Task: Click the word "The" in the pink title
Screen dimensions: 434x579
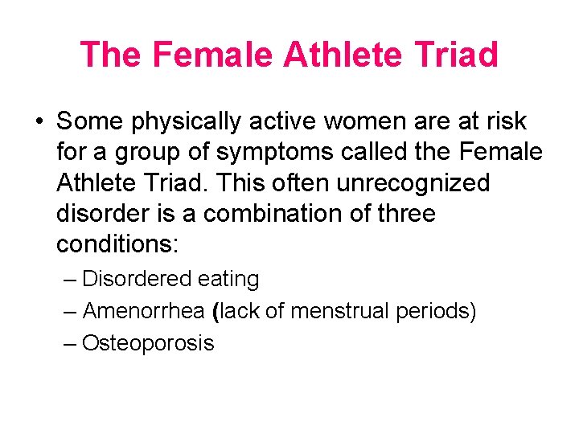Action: point(111,55)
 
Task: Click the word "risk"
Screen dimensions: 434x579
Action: point(503,121)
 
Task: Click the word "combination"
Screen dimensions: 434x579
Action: point(277,214)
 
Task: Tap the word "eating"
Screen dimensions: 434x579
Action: point(228,280)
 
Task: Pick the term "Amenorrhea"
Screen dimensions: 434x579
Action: point(145,311)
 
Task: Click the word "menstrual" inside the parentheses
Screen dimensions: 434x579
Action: point(341,311)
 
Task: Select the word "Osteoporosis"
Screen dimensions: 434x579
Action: point(148,343)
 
